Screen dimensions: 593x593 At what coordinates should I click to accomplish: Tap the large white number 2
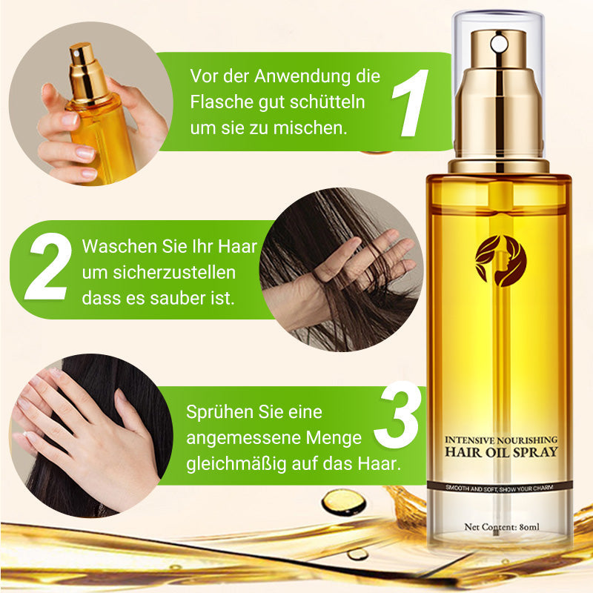[x=49, y=268]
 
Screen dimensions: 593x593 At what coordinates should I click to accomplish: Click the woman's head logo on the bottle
[x=500, y=260]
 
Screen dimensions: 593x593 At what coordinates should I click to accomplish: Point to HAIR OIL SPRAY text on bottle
[x=500, y=451]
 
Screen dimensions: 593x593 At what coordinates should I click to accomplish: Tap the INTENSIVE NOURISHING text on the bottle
[x=500, y=438]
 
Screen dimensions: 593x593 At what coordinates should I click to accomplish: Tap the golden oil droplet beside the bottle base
[x=342, y=502]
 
